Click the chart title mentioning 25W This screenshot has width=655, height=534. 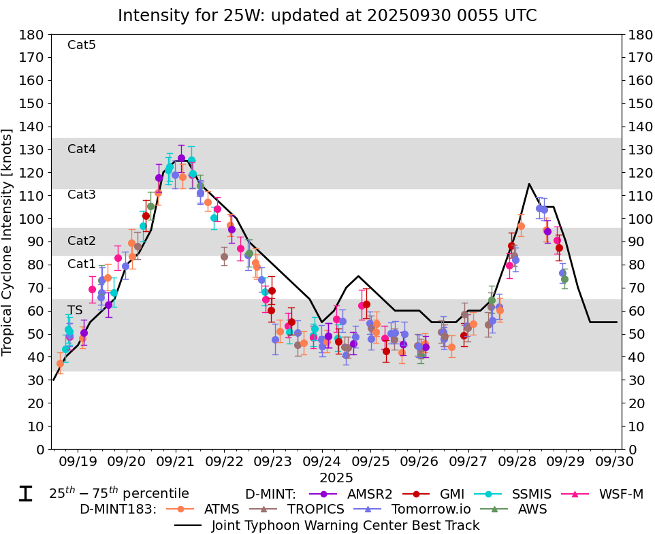pos(327,15)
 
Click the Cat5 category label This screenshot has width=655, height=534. pos(82,45)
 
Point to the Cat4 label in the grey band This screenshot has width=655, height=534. pos(82,149)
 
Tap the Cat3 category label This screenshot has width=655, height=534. pos(82,195)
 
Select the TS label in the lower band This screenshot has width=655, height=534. pos(75,310)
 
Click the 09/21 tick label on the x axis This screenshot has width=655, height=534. pos(176,461)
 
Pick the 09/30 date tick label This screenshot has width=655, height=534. pos(615,461)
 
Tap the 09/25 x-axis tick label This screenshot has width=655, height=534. pos(371,461)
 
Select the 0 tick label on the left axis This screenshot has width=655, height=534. pos(41,449)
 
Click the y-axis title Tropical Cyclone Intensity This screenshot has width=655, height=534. pos(8,241)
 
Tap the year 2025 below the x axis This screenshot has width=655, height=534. pos(336,478)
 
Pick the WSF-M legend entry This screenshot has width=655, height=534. pos(618,494)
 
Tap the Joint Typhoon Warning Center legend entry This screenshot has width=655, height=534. pos(345,525)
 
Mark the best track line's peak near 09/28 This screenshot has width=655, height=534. pos(529,184)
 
